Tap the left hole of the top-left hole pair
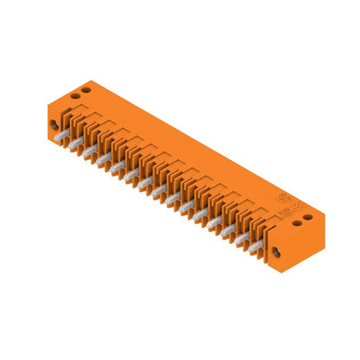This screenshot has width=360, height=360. pyautogui.click(x=74, y=97)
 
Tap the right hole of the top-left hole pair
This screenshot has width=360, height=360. pyautogui.click(x=85, y=91)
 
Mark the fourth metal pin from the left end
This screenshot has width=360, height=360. pyautogui.click(x=103, y=159)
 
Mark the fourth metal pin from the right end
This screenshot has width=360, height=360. pyautogui.click(x=213, y=222)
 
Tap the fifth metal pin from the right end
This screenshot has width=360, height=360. pyautogui.click(x=199, y=215)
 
